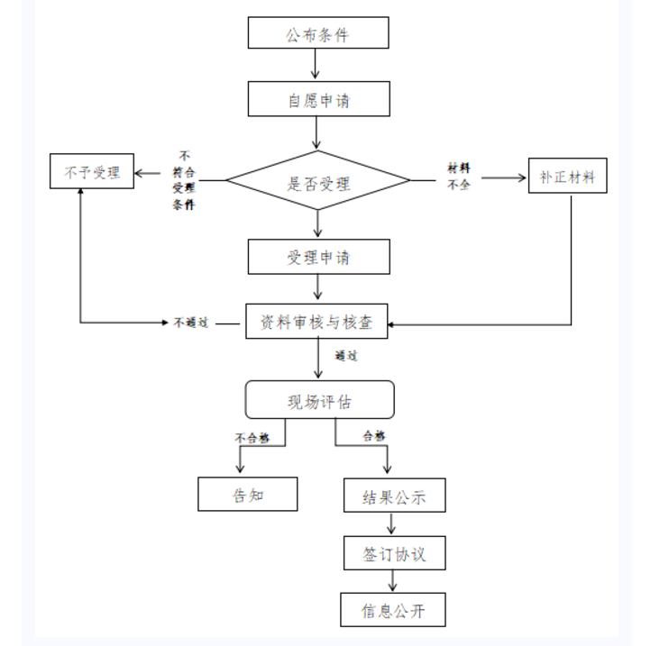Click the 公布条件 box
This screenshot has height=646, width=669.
coord(318,33)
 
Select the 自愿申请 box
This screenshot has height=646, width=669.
coord(318,99)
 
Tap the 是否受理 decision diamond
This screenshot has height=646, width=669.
coord(318,183)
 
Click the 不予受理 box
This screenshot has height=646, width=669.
coord(92,171)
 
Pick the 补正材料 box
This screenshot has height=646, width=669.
coord(567,176)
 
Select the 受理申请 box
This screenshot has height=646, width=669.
coord(318,258)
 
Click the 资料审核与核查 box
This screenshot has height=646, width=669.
coord(317,322)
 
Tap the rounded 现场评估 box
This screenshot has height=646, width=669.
coord(320,400)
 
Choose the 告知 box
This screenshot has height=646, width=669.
coord(248,494)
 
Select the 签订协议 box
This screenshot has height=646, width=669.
coord(394,554)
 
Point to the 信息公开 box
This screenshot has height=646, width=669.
coord(393,610)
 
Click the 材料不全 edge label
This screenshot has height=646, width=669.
coord(459,177)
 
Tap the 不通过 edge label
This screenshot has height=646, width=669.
coord(191,323)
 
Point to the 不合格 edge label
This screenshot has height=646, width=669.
coord(252,438)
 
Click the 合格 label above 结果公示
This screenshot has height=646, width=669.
coord(374,436)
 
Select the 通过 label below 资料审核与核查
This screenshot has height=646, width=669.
coord(346,356)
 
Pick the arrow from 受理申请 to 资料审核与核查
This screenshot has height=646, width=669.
coord(317,287)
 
